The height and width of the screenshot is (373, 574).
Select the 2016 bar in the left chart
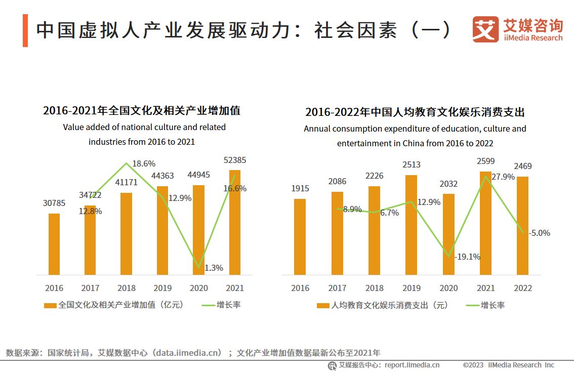[x=54, y=244]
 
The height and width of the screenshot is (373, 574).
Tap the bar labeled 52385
[x=235, y=223]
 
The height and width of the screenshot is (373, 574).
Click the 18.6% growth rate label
[x=144, y=164]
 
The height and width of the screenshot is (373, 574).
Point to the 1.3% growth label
[x=214, y=268]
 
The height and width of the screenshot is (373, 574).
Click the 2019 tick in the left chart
[x=162, y=288]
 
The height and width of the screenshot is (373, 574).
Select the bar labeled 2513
[x=411, y=225]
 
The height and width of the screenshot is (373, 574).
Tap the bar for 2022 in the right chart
[x=522, y=226]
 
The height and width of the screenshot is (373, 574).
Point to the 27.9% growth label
[x=503, y=177]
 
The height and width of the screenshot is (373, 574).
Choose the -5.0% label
[x=539, y=233]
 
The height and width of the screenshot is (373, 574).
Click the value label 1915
[x=300, y=188]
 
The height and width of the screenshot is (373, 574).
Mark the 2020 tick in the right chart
[x=448, y=288]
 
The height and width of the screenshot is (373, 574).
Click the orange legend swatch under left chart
[x=50, y=305]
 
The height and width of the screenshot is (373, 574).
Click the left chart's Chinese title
[x=142, y=110]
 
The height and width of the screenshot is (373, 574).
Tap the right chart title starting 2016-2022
[x=415, y=112]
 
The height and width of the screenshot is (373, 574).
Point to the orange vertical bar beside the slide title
[x=25, y=31]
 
